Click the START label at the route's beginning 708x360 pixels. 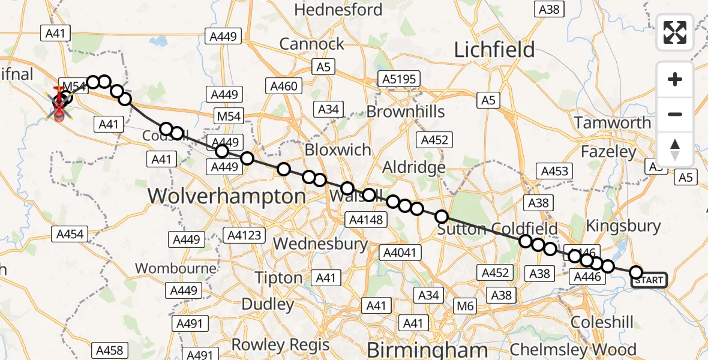[649, 280]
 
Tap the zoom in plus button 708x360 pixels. [675, 79]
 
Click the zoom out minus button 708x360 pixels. [675, 114]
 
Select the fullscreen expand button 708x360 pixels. [675, 32]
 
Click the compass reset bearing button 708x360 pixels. [675, 149]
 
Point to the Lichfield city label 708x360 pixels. [494, 50]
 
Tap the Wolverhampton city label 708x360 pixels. [227, 196]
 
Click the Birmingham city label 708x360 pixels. [427, 350]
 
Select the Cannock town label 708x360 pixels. [312, 44]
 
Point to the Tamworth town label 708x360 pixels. [612, 123]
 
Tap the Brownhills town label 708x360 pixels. [406, 112]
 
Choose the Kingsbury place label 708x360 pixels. [623, 226]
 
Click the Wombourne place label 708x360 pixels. [176, 268]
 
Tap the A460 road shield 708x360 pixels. [284, 86]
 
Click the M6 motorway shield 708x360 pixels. [465, 307]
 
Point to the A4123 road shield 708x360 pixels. [244, 235]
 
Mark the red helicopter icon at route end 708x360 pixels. [60, 107]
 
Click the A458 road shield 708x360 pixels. [109, 350]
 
